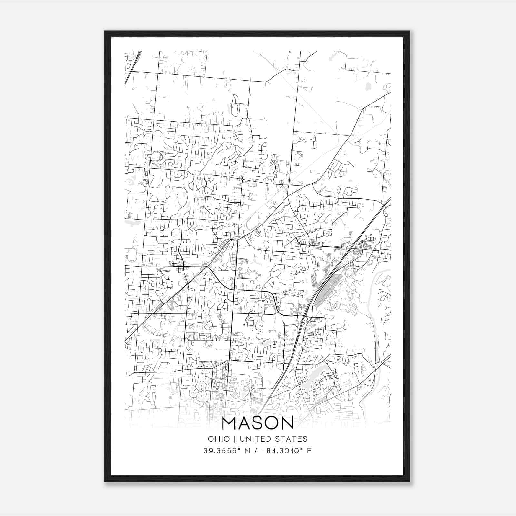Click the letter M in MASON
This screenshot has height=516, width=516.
pos(229,423)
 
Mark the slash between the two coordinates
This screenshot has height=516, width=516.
pos(255,451)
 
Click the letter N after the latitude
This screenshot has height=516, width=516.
pos(247,451)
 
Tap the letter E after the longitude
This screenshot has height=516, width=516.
pos(309,451)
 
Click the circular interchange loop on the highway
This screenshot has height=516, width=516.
pos(306,319)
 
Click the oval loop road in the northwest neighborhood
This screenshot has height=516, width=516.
pos(157,157)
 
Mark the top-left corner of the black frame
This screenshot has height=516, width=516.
pos(105,31)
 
